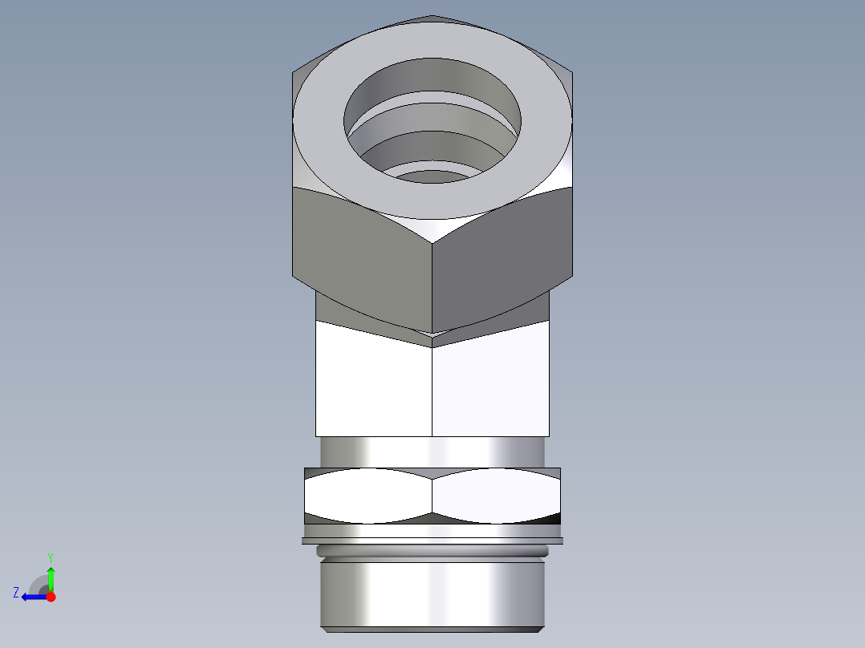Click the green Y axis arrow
(51, 576)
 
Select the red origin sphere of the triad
(51, 597)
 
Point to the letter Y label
(51, 557)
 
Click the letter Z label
(16, 593)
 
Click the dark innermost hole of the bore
(432, 176)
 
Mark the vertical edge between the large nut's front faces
(433, 281)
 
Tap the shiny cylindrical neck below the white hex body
(433, 451)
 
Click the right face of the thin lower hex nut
(496, 496)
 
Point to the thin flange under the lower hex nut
(433, 541)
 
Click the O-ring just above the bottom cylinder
(433, 552)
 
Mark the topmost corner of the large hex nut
(432, 16)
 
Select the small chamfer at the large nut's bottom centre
(433, 340)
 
